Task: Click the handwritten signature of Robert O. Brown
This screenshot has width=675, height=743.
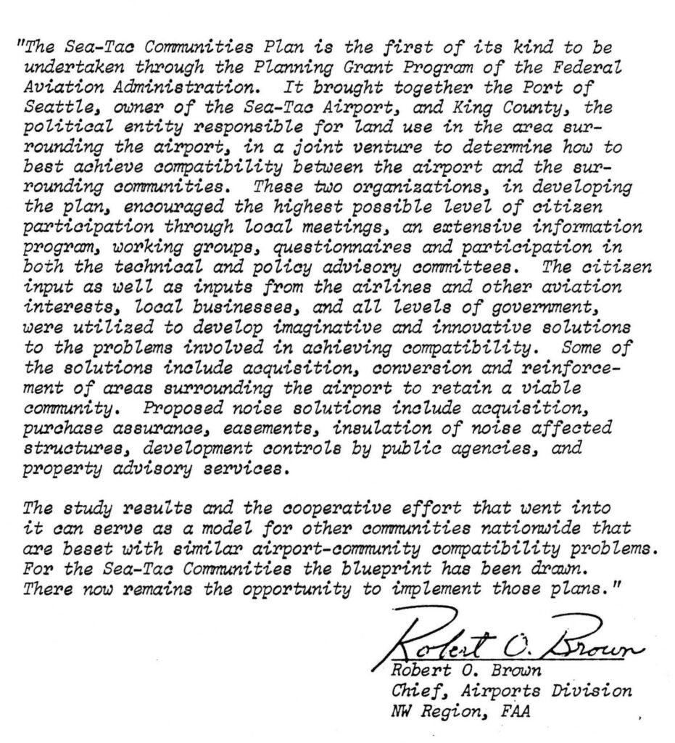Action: coord(508,643)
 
